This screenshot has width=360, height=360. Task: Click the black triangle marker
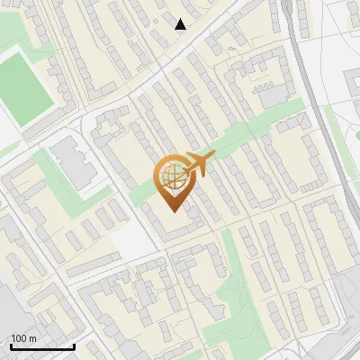181,24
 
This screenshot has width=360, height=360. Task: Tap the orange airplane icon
198,164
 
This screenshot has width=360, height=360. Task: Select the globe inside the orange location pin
171,176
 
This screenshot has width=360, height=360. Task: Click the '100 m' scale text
24,338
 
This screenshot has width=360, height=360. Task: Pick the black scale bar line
42,346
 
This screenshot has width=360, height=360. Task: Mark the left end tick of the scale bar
11,346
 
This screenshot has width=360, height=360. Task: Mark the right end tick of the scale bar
74,346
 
